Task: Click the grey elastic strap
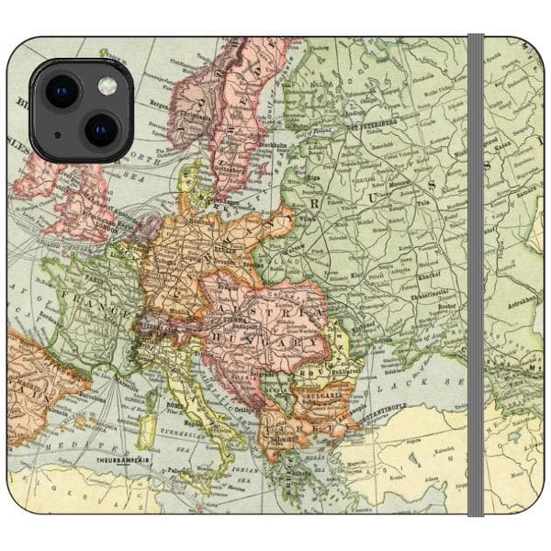point(475,275)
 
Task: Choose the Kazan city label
point(500,146)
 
